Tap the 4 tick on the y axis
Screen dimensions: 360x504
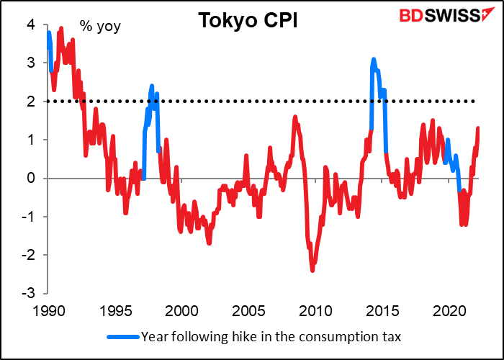30,25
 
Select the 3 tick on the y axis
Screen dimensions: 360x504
30,63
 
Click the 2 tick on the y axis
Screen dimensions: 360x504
30,102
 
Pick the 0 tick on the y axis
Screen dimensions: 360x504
30,179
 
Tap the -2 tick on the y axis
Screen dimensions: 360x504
27,255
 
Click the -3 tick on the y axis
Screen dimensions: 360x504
27,294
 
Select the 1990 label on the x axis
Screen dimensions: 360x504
47,311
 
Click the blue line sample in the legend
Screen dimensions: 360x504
123,336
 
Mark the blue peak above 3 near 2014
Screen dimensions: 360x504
374,60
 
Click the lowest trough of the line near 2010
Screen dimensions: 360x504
312,270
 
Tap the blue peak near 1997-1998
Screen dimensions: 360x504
152,86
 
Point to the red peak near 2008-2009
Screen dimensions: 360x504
295,117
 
